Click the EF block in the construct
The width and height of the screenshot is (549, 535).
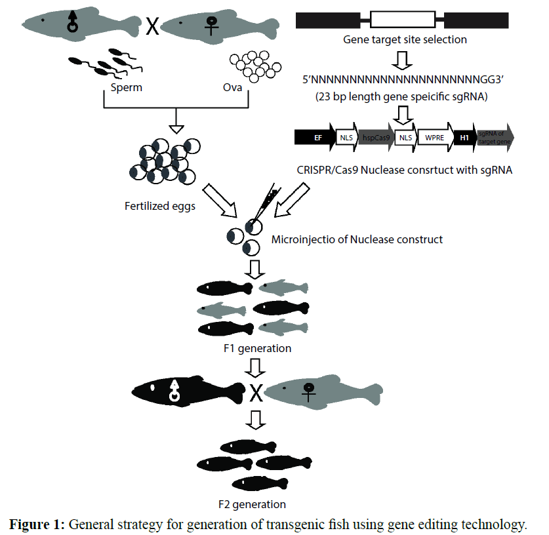click(x=316, y=138)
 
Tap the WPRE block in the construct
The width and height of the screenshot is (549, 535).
click(x=434, y=138)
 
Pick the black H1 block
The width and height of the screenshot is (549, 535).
click(x=464, y=138)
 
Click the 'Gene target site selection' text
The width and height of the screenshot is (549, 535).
click(x=405, y=39)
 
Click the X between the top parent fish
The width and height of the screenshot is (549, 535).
click(x=152, y=27)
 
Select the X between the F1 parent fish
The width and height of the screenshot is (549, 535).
click(x=256, y=393)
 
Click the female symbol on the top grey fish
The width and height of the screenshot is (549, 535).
click(x=212, y=27)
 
